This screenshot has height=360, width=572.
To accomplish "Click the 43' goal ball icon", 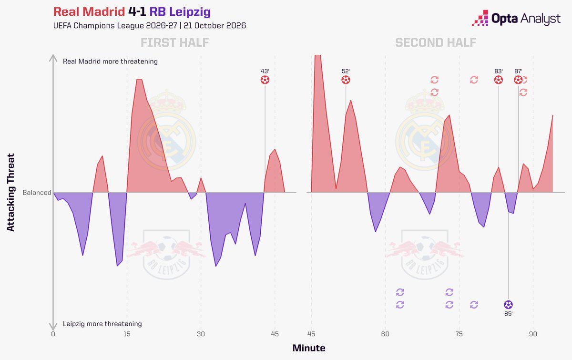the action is (265, 80).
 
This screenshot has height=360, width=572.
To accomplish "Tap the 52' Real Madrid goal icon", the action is (346, 80).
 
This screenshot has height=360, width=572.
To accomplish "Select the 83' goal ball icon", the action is (499, 80).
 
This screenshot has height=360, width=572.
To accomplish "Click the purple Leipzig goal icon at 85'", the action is (508, 305).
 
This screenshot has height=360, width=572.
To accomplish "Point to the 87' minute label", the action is (518, 71).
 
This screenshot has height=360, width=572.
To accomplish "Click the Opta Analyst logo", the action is (516, 19).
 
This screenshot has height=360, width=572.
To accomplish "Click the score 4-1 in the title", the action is (137, 12).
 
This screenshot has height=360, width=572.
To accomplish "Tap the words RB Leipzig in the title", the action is (180, 12).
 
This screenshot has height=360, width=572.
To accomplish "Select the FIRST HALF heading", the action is (174, 42).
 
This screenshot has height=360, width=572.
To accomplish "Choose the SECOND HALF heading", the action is (436, 42).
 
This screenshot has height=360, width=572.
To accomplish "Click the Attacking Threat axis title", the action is (10, 192).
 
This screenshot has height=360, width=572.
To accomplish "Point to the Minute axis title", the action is (309, 348).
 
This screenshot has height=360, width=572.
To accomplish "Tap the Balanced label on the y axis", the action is (37, 192).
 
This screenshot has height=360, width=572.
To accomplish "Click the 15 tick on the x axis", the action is (127, 334).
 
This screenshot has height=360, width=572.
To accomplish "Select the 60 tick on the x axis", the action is (385, 334).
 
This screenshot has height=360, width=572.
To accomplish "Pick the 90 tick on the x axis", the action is (533, 334).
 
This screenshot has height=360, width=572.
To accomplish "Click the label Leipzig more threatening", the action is (102, 324).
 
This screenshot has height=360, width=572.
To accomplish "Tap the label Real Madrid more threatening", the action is (110, 62).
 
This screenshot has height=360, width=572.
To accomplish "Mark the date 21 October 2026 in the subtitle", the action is (215, 26).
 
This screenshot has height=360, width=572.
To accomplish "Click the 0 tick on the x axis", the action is (53, 334).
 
